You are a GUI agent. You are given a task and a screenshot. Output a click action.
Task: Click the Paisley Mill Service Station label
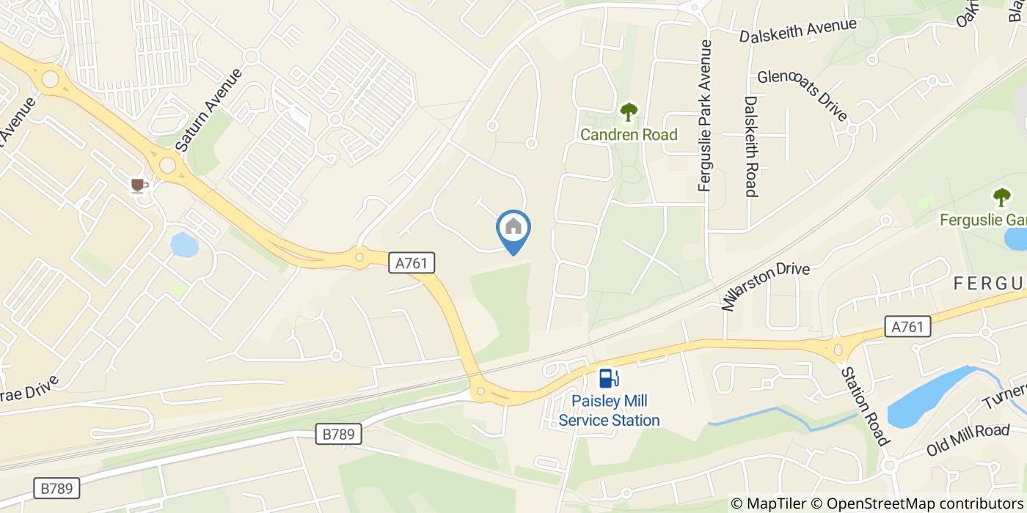pyautogui.click(x=609, y=411)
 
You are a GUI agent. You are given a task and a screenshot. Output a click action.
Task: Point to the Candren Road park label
pyautogui.click(x=629, y=135)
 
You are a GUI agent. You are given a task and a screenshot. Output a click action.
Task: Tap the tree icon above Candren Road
pyautogui.click(x=629, y=112)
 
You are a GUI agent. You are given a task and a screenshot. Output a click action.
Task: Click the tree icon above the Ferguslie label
pyautogui.click(x=1001, y=196)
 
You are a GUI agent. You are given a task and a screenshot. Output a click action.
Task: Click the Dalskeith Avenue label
pyautogui.click(x=797, y=31)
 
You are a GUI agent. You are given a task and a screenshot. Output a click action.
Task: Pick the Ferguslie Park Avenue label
pyautogui.click(x=706, y=116)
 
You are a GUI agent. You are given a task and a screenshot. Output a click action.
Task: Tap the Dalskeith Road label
pyautogui.click(x=750, y=147)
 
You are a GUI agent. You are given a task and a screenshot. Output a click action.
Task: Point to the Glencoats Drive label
pyautogui.click(x=803, y=95)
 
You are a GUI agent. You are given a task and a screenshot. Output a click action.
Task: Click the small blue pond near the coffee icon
pyautogui.click(x=184, y=245)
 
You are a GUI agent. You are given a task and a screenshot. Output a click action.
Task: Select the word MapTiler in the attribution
pyautogui.click(x=776, y=503)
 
